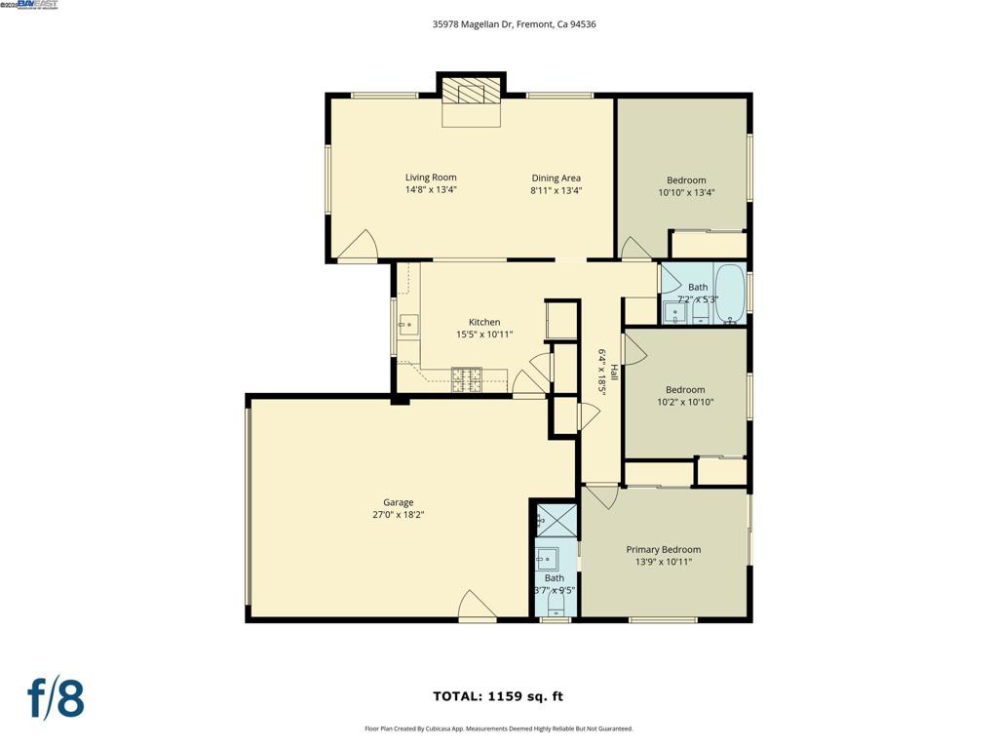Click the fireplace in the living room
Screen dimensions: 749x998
(x=472, y=94)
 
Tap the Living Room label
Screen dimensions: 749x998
(x=431, y=177)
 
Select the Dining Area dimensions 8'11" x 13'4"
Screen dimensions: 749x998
(x=556, y=191)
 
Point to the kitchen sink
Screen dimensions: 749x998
(x=408, y=322)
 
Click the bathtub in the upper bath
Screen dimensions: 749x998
(x=729, y=293)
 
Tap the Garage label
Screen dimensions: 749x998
(x=398, y=502)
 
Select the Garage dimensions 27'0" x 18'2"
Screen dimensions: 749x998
(x=398, y=515)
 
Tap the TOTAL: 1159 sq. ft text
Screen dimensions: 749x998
(x=498, y=696)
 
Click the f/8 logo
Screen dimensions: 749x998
(x=56, y=699)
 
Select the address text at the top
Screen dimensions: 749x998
(x=514, y=24)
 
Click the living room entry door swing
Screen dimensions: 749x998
(x=360, y=248)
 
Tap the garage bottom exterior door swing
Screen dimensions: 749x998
(x=477, y=607)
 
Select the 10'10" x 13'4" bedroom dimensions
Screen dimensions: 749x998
(x=686, y=193)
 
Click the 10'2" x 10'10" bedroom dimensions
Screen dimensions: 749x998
(x=685, y=402)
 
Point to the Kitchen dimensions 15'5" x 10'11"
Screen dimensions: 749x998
(x=484, y=335)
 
